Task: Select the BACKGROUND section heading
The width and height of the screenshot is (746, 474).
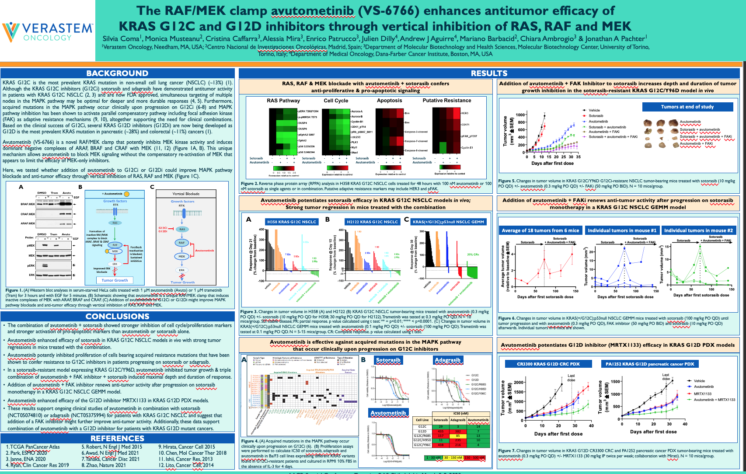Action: [117, 73]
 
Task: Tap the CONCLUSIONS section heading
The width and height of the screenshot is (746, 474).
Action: [117, 316]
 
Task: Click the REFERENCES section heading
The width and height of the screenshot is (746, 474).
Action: [117, 438]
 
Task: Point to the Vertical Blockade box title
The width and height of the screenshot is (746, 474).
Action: [186, 194]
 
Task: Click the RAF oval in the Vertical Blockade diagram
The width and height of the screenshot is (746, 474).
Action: [182, 242]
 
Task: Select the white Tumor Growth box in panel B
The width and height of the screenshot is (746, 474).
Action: [115, 280]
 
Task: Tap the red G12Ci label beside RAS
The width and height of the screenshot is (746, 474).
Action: [163, 228]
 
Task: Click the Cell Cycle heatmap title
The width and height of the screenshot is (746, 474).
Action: [336, 101]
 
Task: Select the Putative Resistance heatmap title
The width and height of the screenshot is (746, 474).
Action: [446, 101]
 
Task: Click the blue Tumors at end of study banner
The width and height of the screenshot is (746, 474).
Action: [687, 107]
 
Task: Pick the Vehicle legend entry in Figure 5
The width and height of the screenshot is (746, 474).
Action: [594, 110]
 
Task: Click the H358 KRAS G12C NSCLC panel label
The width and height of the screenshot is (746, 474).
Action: [291, 222]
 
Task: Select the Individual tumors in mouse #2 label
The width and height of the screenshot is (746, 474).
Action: [698, 230]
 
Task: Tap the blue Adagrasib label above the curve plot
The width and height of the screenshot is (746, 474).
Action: [447, 360]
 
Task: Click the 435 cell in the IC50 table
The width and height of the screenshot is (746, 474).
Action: [441, 431]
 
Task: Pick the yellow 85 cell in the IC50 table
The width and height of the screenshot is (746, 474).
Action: [458, 436]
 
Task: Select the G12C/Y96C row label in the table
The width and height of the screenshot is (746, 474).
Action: [422, 445]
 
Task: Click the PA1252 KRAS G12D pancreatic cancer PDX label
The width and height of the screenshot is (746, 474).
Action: [650, 364]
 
